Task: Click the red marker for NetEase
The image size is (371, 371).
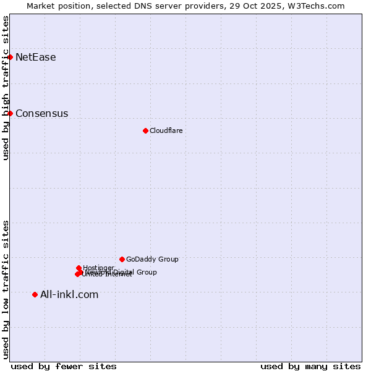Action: click(10, 57)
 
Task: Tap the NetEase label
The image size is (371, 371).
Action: click(35, 58)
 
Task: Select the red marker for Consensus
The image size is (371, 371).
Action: click(10, 113)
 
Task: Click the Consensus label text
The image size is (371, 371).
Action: click(41, 113)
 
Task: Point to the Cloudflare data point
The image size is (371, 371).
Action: click(145, 130)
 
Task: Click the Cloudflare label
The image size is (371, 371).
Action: click(166, 130)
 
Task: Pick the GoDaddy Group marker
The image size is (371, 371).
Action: click(122, 259)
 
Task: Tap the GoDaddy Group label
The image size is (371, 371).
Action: click(152, 259)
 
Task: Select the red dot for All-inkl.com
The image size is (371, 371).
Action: click(35, 294)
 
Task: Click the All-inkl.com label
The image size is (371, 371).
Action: click(69, 294)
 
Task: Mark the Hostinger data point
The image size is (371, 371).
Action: click(79, 268)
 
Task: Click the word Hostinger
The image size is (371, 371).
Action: click(98, 268)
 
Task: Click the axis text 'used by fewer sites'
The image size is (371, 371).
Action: click(64, 366)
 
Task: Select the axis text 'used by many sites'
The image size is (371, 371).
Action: click(310, 366)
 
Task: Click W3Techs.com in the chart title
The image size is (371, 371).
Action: click(319, 6)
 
